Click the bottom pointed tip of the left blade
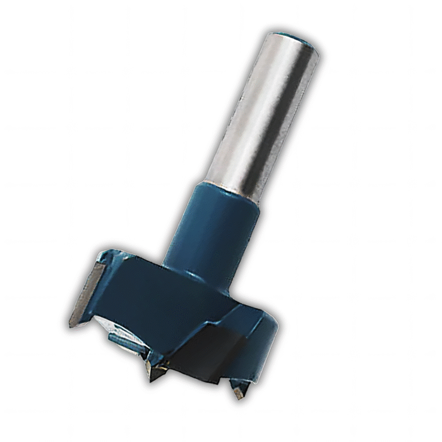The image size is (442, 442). (70, 325)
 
